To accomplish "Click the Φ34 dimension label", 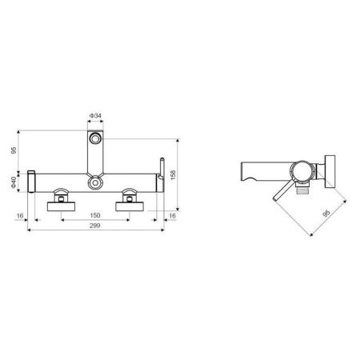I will tap(95, 116).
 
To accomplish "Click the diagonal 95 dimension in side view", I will tap(323, 214).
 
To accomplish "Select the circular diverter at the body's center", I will tap(95, 183).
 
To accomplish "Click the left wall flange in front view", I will tap(62, 206).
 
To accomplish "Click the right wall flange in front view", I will tap(130, 206).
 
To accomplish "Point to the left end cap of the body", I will tap(31, 181).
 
